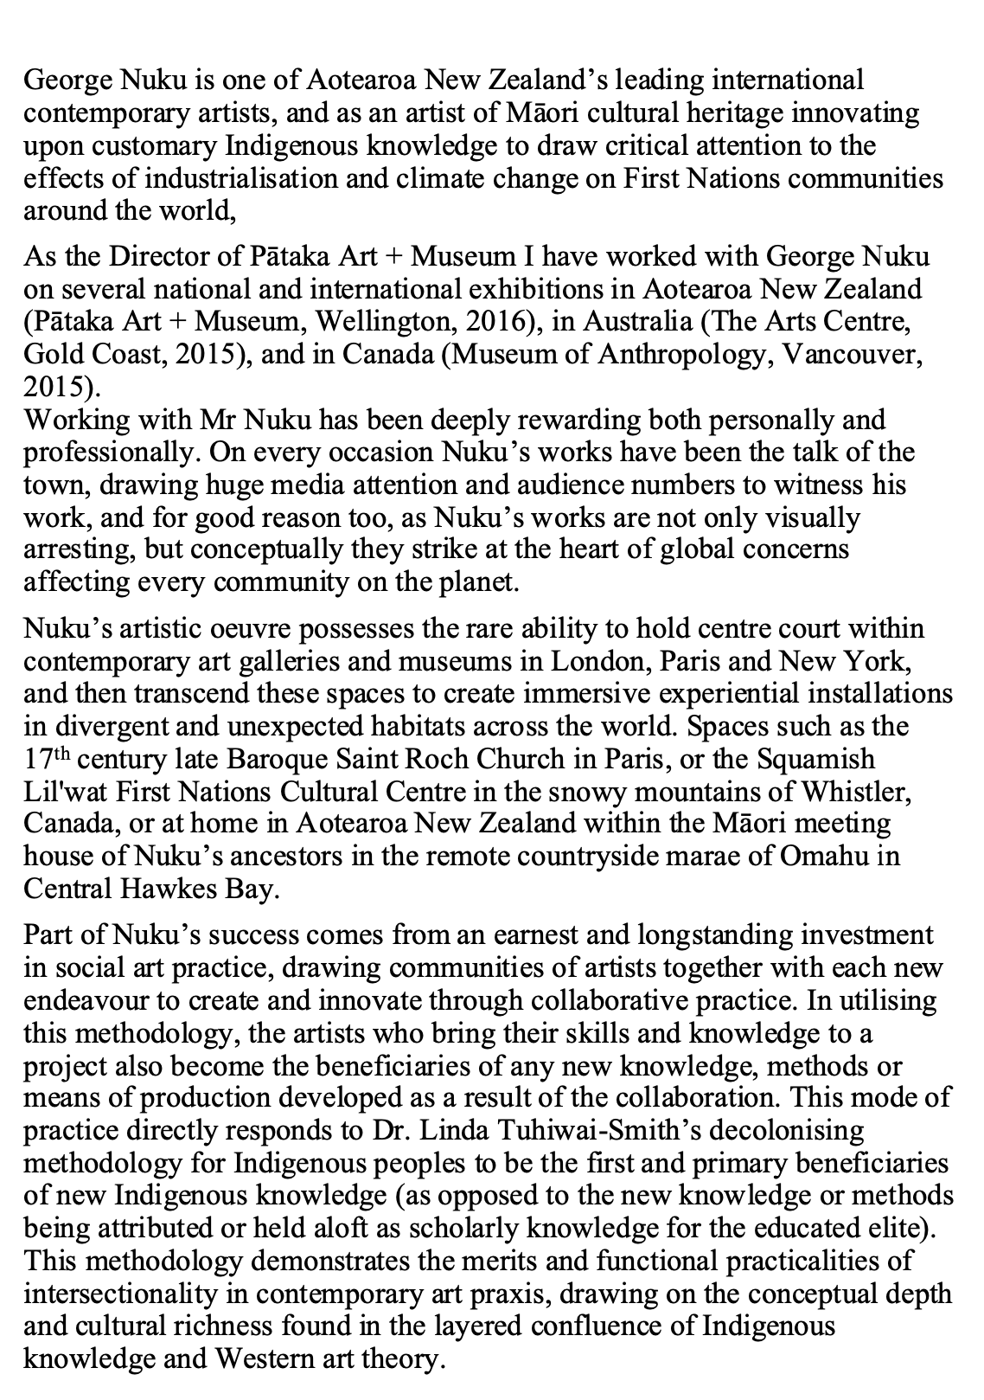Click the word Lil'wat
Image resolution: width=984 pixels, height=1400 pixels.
pos(57,792)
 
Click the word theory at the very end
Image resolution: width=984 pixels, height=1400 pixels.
pos(401,1358)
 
